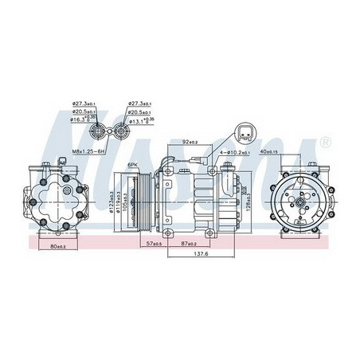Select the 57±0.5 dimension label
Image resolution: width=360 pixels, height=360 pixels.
[x=155, y=242]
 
